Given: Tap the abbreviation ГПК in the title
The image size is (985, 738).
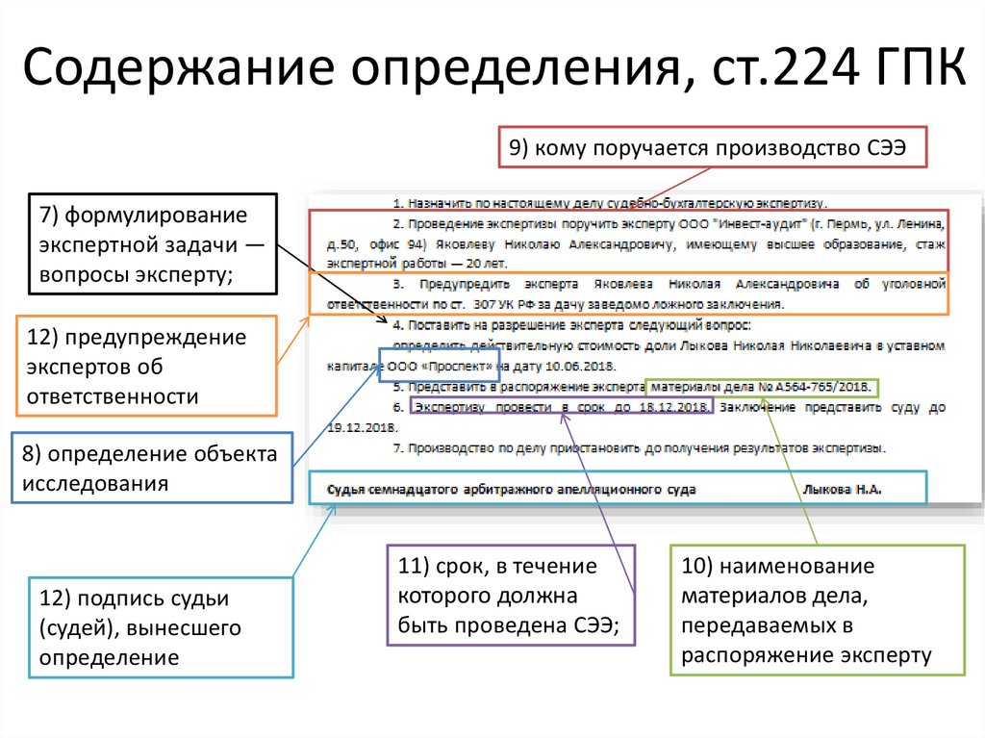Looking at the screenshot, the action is coord(914,75).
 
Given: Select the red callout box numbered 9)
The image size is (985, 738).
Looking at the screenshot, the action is coord(712,148).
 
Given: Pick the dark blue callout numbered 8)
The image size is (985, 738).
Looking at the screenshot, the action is coord(151,468).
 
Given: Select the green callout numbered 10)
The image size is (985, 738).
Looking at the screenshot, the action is coord(817,609).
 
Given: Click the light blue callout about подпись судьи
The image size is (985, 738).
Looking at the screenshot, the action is coord(160,628).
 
